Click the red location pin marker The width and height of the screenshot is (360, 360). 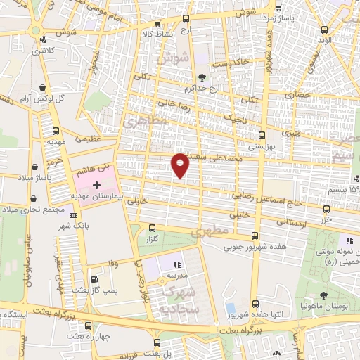pos(181,165)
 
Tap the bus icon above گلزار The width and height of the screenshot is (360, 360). pos(152,227)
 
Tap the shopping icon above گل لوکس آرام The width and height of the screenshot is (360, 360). pos(44,87)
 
